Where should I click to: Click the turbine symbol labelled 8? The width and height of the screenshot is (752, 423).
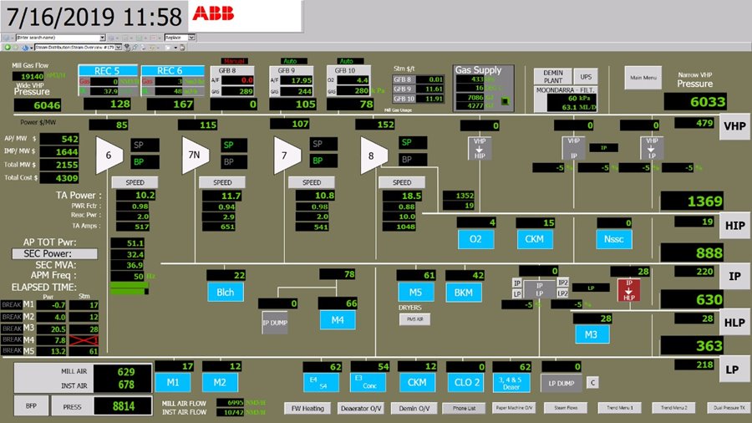(x=373, y=155)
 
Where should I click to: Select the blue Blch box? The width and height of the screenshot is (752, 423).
(x=226, y=292)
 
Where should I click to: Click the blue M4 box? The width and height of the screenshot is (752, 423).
(x=338, y=319)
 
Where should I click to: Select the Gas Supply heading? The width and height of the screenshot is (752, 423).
(x=478, y=71)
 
